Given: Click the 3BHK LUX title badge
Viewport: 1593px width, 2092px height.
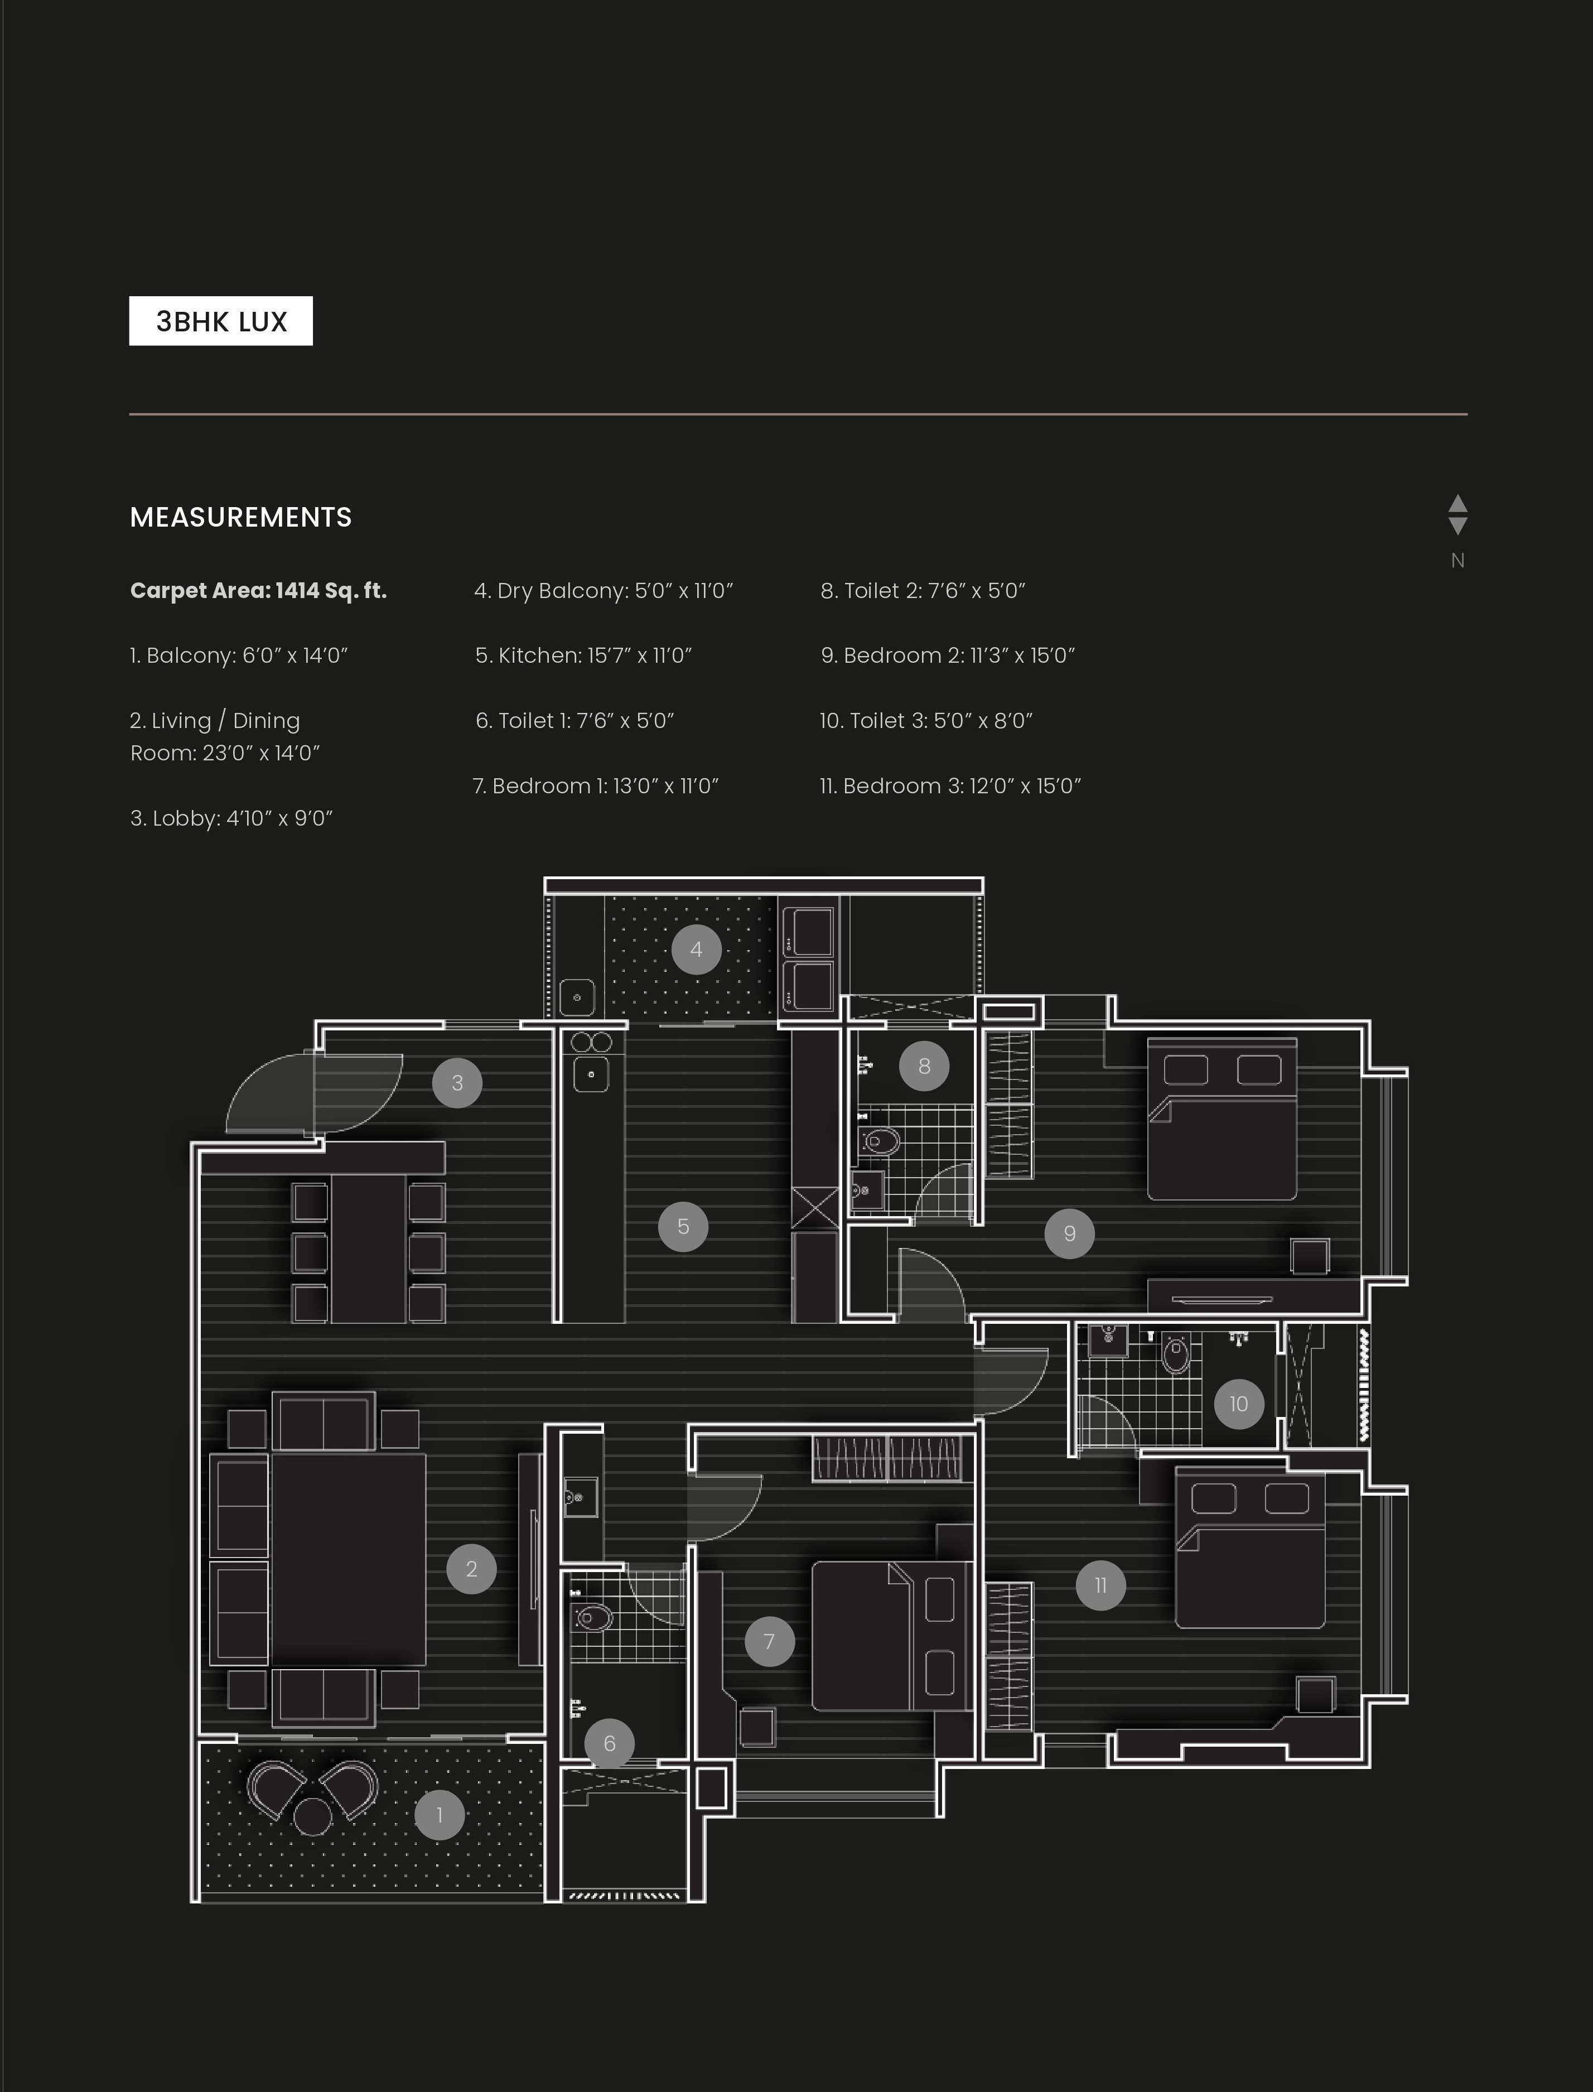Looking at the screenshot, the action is pyautogui.click(x=221, y=321).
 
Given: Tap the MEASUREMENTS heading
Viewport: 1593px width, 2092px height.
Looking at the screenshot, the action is pyautogui.click(x=241, y=517).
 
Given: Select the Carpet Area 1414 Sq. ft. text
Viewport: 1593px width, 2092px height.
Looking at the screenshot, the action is pyautogui.click(x=258, y=591).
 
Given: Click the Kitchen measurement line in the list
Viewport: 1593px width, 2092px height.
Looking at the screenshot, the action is pyautogui.click(x=583, y=655).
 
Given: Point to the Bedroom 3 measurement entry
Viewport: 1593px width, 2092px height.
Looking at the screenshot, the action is pyautogui.click(x=950, y=786).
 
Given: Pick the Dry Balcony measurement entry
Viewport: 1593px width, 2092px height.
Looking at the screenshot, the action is pyautogui.click(x=604, y=591).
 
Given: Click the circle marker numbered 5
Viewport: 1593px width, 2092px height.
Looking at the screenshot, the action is pyautogui.click(x=683, y=1226).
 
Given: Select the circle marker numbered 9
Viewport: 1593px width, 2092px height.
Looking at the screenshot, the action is pyautogui.click(x=1070, y=1233).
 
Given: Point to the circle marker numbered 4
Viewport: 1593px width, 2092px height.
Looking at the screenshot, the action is pyautogui.click(x=696, y=949).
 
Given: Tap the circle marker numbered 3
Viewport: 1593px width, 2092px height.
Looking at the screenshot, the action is pyautogui.click(x=457, y=1083).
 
